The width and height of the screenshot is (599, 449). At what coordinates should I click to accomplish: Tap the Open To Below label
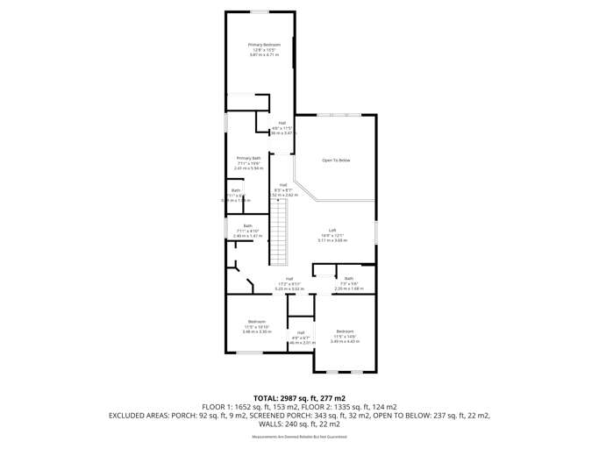[x=335, y=160]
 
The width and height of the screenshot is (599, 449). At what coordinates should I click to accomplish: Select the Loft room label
[x=332, y=230]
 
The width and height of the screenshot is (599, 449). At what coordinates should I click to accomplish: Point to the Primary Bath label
[x=248, y=158]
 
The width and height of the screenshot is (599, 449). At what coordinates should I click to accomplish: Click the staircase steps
[x=278, y=232]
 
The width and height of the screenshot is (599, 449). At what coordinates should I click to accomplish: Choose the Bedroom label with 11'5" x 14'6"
[x=345, y=331]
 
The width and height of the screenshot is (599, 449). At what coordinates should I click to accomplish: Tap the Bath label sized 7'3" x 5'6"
[x=348, y=278]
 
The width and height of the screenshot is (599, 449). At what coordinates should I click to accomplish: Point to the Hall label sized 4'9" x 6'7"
[x=300, y=332]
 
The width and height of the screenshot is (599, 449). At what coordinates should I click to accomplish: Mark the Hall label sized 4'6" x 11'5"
[x=282, y=123]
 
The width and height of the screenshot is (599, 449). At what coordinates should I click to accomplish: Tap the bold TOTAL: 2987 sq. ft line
[x=299, y=398]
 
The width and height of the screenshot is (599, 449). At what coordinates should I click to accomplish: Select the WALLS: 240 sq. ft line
[x=299, y=424]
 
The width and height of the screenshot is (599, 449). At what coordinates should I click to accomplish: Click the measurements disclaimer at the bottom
[x=298, y=436]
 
